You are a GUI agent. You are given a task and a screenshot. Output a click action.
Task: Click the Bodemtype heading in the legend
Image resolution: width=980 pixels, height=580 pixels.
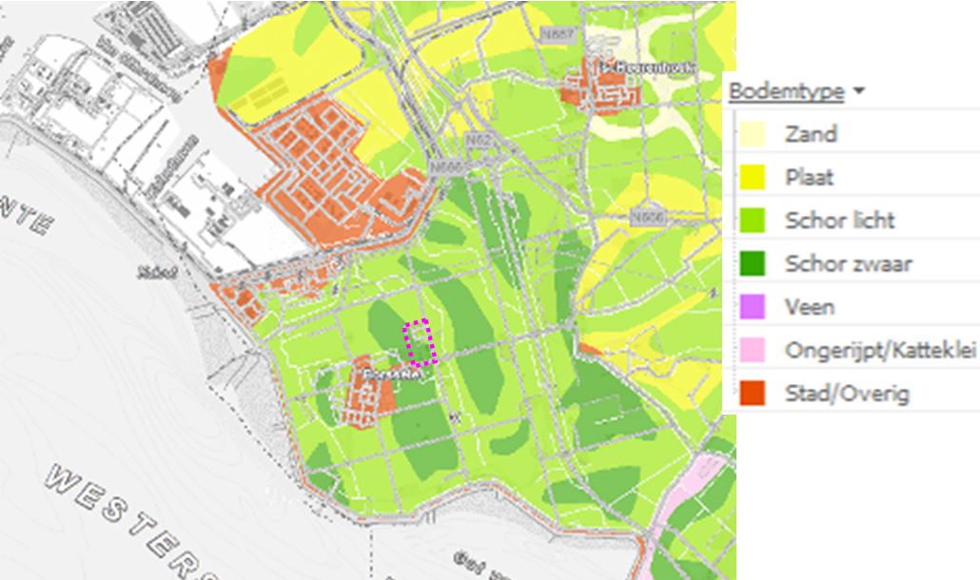(786, 91)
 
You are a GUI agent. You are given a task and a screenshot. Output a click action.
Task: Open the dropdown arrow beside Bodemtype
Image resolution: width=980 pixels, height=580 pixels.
(859, 91)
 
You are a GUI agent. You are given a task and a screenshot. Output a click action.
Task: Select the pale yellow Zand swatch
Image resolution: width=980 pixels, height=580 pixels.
(753, 134)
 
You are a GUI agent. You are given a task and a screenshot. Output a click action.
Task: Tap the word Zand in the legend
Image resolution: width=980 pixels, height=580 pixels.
(811, 134)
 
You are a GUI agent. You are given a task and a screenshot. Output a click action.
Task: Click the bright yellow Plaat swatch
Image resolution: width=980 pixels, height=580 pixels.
(753, 177)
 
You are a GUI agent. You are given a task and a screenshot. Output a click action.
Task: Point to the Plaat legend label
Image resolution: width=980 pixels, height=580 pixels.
(809, 178)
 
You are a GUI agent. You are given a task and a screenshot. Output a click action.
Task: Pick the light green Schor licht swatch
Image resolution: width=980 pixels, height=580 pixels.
(753, 221)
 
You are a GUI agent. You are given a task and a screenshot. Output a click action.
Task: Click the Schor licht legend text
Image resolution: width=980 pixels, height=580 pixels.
(839, 221)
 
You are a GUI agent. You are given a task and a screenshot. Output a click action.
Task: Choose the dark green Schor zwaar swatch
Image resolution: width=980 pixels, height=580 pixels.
(753, 263)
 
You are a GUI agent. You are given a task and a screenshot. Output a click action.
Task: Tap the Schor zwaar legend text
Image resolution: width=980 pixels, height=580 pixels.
(848, 263)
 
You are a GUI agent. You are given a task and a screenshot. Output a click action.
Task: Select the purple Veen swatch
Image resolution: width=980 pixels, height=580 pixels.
(753, 307)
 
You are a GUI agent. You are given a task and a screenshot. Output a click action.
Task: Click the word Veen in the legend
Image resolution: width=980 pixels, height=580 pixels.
(810, 307)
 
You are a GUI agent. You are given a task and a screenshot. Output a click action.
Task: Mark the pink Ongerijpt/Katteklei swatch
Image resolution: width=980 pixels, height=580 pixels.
(753, 350)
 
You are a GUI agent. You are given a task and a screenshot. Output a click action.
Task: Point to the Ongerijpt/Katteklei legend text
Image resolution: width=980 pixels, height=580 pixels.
(881, 350)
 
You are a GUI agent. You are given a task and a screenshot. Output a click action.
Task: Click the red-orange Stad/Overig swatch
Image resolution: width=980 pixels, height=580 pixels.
(753, 393)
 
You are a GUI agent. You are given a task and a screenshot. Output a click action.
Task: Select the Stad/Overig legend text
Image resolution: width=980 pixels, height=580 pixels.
(847, 393)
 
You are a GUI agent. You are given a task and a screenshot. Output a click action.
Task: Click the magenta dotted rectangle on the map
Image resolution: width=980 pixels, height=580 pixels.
(421, 342)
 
